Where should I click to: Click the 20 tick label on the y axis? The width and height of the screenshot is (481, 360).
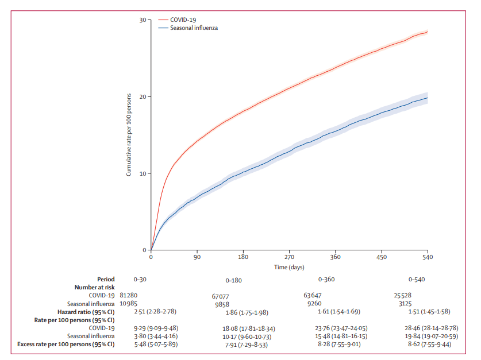coord(142,96)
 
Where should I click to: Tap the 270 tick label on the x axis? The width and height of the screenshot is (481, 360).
coord(288,258)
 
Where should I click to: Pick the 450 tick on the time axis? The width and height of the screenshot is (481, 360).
coord(381,258)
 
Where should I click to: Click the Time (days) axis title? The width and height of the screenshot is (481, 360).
coord(288,267)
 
